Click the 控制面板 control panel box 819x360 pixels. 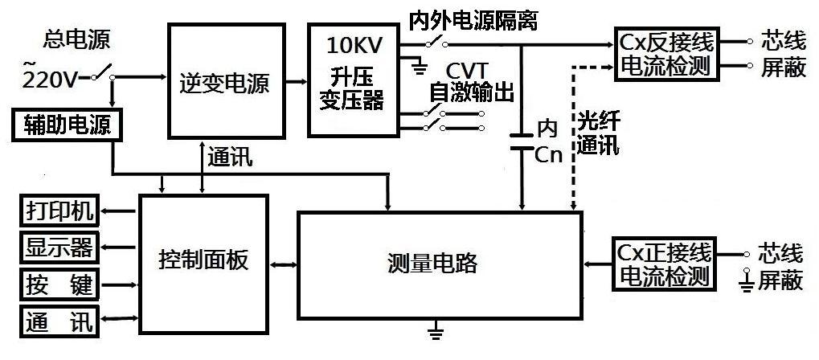(x=203, y=262)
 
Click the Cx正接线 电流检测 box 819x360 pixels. (x=665, y=264)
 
